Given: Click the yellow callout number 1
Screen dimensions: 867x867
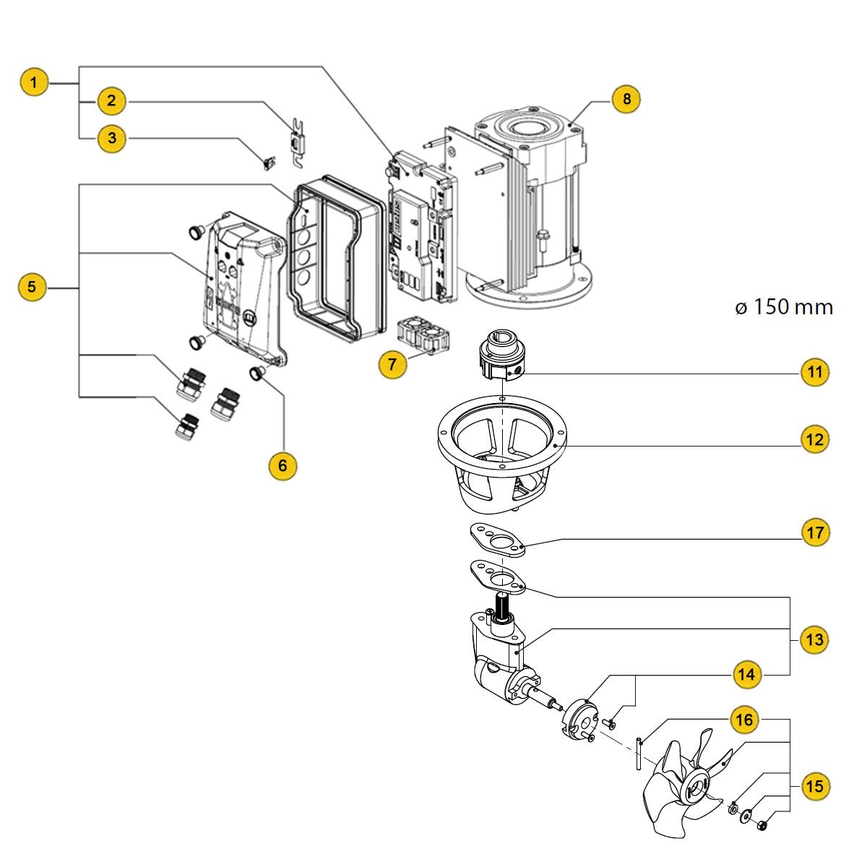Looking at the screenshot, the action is click(34, 83).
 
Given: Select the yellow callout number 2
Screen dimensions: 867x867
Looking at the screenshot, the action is click(111, 101).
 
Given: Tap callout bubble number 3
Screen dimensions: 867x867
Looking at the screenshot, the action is click(112, 139).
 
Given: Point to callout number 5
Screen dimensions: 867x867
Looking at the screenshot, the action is click(33, 287).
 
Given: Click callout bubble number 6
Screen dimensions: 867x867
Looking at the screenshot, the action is click(282, 466).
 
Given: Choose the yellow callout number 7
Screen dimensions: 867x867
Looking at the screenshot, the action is click(392, 364).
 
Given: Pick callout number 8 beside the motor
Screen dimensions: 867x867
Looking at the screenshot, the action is click(626, 99).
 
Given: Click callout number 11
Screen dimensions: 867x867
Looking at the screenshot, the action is click(815, 372).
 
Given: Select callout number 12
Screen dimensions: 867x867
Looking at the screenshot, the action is click(815, 439).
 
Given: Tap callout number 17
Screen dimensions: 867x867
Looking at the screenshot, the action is click(815, 533).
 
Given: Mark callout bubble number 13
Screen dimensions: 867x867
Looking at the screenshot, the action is click(815, 639).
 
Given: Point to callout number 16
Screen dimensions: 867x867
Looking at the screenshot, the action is click(744, 720).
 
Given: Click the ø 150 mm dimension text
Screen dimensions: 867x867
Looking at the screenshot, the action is click(784, 307).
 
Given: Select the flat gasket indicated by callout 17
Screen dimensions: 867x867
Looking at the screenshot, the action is click(498, 540).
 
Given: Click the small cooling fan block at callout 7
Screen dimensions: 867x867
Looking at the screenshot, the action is click(424, 337).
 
